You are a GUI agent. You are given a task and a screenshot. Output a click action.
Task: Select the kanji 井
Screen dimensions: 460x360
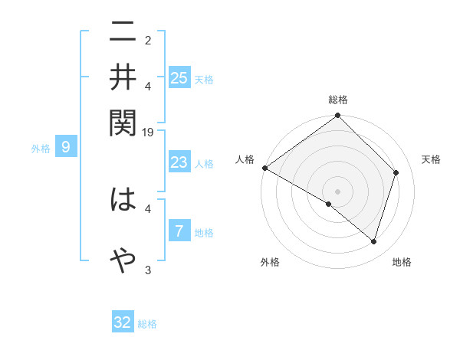click(x=123, y=77)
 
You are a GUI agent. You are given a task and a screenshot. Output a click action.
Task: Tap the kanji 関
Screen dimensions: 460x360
click(x=123, y=119)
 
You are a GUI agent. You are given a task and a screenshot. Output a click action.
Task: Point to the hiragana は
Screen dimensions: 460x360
click(x=123, y=201)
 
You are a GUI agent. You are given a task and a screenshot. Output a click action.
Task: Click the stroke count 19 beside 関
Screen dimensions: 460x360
click(x=149, y=133)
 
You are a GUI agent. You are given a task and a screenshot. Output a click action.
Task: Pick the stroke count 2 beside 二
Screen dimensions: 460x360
click(x=148, y=40)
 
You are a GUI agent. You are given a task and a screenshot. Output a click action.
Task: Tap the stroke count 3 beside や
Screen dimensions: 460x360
click(x=148, y=269)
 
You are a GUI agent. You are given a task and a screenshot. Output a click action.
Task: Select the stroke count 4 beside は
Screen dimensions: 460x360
click(x=148, y=208)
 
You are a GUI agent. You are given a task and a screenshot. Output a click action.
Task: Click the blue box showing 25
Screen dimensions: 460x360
click(x=179, y=78)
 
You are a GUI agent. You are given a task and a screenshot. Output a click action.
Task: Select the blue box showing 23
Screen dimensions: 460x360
click(x=179, y=162)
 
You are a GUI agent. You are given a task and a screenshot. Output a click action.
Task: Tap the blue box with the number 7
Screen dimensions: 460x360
click(x=179, y=231)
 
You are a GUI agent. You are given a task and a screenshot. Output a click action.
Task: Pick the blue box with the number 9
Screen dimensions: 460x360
click(x=66, y=147)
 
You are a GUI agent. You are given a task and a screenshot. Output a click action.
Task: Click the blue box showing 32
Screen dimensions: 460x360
click(x=123, y=322)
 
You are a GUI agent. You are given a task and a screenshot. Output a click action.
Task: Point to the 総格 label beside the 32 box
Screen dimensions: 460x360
click(x=147, y=324)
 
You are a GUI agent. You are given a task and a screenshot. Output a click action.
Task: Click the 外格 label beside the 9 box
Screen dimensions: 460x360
click(x=41, y=149)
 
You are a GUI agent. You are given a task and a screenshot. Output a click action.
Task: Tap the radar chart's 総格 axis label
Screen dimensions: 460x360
click(x=338, y=100)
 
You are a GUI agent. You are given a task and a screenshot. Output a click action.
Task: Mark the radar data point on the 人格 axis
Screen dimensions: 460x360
click(x=265, y=168)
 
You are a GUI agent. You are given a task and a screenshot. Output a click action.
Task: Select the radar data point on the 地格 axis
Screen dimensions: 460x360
click(x=373, y=242)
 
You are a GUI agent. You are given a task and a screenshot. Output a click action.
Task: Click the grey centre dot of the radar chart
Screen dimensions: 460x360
click(x=337, y=191)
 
